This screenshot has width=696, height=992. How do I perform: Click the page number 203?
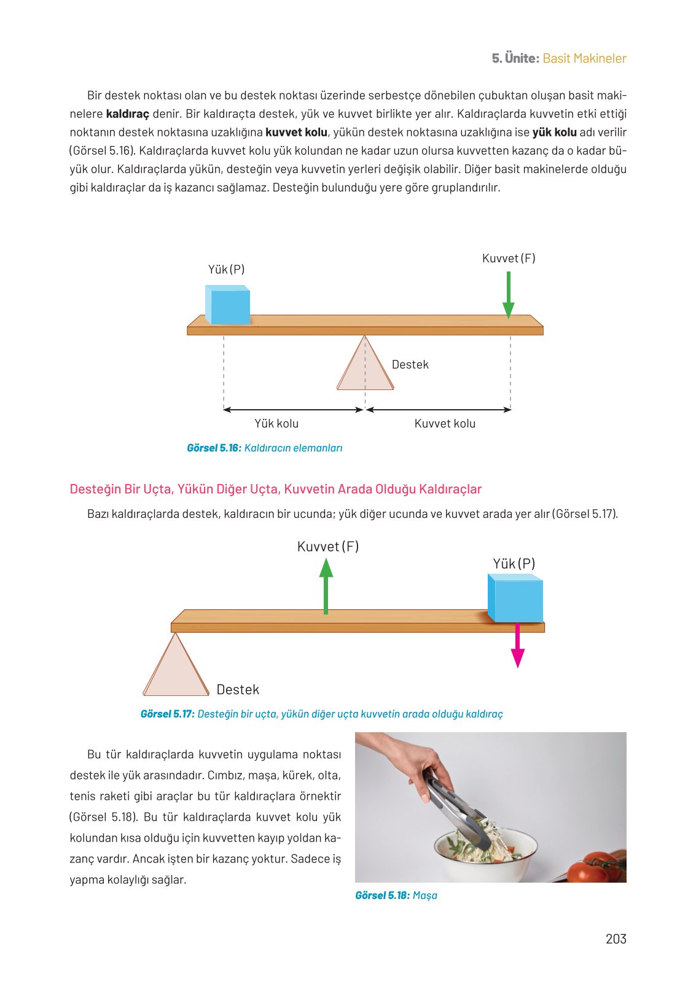click(x=616, y=939)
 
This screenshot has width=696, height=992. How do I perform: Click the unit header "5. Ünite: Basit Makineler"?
click(x=558, y=58)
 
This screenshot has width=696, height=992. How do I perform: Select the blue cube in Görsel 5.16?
click(x=228, y=305)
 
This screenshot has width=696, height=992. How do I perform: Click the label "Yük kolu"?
click(x=276, y=423)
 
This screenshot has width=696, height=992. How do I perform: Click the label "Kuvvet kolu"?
click(x=445, y=423)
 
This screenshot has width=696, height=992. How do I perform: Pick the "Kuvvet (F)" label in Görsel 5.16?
click(x=509, y=259)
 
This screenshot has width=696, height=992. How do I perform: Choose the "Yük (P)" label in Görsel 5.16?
click(x=226, y=270)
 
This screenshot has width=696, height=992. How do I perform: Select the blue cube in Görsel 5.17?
click(x=515, y=598)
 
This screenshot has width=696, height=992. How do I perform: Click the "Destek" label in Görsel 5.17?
click(x=238, y=690)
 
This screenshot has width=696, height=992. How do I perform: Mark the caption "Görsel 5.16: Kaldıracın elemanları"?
click(x=264, y=448)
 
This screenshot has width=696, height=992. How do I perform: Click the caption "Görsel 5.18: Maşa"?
click(x=396, y=896)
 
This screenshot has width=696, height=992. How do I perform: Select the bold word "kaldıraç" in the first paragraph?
click(x=128, y=114)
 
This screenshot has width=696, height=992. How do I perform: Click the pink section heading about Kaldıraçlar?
click(x=275, y=490)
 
